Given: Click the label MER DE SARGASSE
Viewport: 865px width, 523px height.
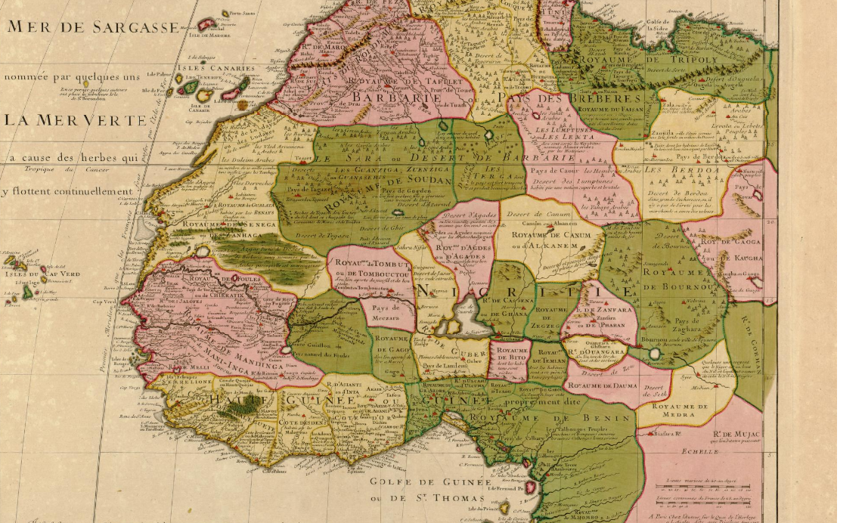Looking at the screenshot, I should (94, 28).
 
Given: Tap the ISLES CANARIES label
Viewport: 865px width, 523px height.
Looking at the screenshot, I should (217, 69).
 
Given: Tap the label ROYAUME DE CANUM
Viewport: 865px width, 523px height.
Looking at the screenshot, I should (550, 236).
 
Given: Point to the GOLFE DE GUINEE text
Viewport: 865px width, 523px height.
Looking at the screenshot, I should (429, 481).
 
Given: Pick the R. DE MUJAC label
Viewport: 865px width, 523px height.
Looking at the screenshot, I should (737, 434).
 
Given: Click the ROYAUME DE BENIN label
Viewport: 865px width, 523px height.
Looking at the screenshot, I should (550, 417).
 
